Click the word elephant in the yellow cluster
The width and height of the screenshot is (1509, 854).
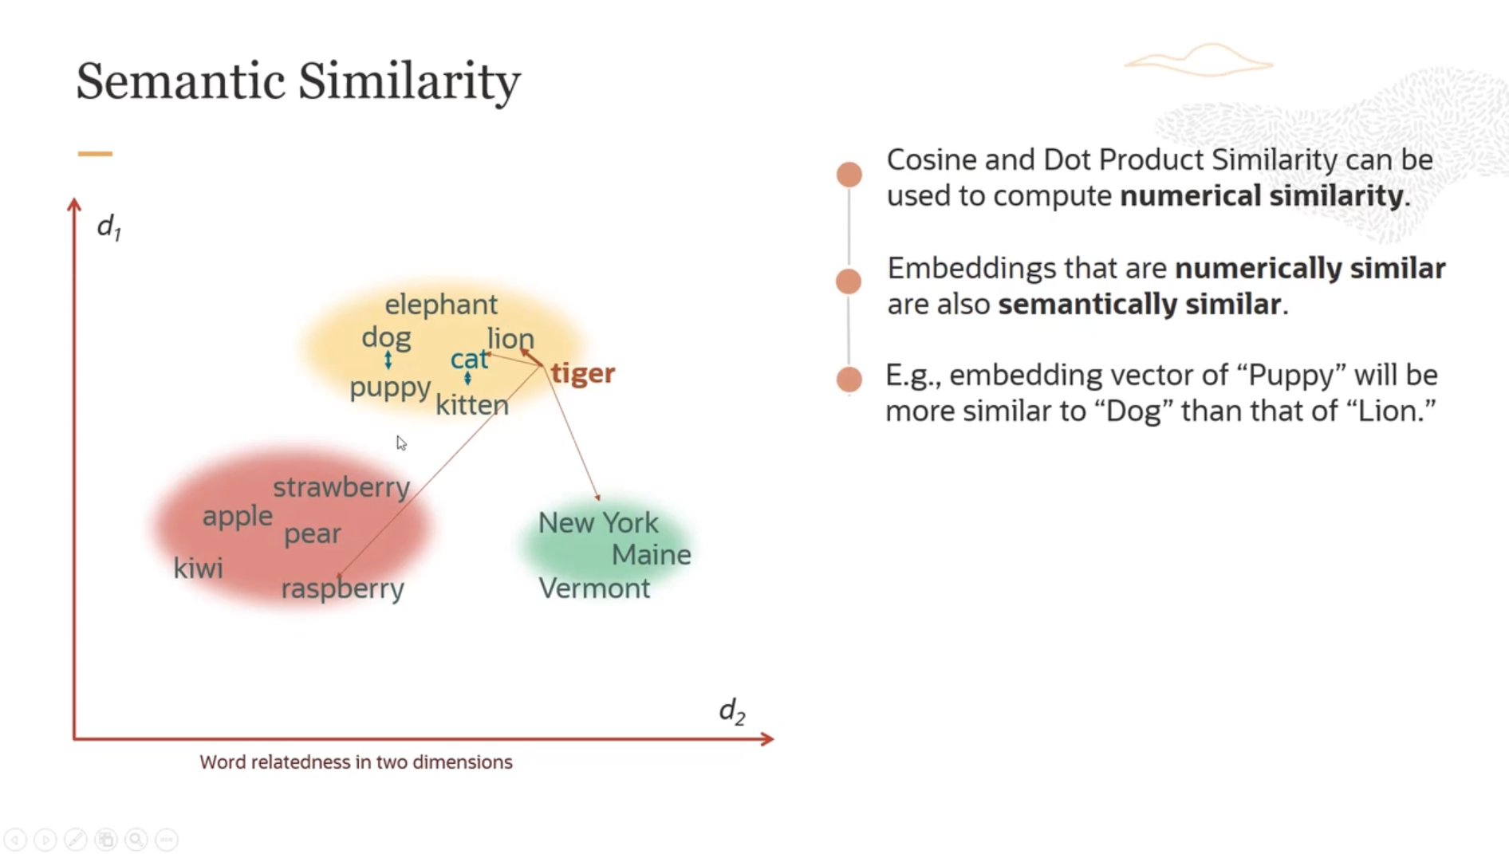[x=441, y=304]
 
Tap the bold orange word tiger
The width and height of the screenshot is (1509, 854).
[x=583, y=373]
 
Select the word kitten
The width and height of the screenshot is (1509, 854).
[x=472, y=404]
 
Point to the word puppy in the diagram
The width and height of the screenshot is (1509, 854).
[x=390, y=388]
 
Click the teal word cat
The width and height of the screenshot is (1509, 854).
[x=469, y=359]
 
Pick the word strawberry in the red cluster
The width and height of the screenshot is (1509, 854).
[x=341, y=487]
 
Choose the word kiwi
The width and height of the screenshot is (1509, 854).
[x=198, y=568]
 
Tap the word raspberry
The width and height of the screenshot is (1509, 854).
[x=342, y=588]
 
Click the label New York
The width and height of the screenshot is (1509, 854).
[x=598, y=523]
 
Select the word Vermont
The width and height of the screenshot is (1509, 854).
[x=594, y=588]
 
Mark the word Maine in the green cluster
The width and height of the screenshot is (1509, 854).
[x=651, y=554]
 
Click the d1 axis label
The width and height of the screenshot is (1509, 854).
[x=108, y=227]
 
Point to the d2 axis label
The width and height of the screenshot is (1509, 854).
[x=732, y=710]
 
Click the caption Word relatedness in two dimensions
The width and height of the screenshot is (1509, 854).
[x=356, y=762]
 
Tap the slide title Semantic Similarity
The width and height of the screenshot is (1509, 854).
[x=298, y=81]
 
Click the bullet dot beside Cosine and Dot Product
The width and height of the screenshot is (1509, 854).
[x=849, y=175]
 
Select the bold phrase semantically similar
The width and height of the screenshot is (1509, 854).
[x=1140, y=304]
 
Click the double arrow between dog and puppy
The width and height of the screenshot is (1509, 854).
[x=388, y=360]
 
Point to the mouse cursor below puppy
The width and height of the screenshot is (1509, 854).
[x=401, y=443]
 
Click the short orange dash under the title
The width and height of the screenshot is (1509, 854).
[x=95, y=154]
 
